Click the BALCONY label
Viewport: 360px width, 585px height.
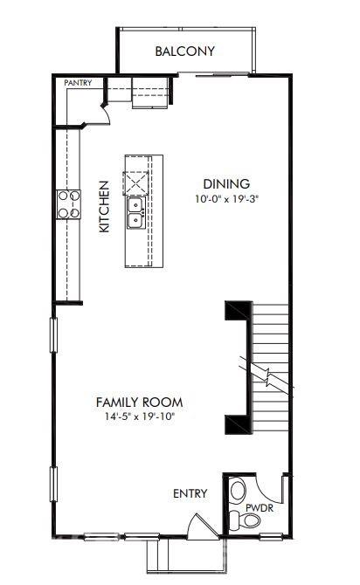tap(184, 52)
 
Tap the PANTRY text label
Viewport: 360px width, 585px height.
tap(78, 83)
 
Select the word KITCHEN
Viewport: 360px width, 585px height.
tap(104, 206)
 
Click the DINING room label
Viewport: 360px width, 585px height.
tap(226, 184)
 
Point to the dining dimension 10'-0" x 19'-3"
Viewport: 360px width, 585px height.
tap(226, 199)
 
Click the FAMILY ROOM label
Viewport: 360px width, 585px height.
tap(139, 402)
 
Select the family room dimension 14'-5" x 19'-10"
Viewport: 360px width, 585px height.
tap(139, 416)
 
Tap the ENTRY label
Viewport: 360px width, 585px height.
tap(190, 493)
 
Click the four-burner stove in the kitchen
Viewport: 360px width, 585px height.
tap(69, 204)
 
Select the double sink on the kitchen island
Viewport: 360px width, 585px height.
tap(136, 213)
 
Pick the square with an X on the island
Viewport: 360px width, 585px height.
tap(137, 184)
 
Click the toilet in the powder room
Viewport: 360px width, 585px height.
tap(249, 521)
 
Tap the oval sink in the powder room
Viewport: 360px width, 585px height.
tap(239, 491)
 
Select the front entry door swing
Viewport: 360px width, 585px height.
tap(200, 526)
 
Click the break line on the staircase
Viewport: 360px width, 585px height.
tap(267, 377)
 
